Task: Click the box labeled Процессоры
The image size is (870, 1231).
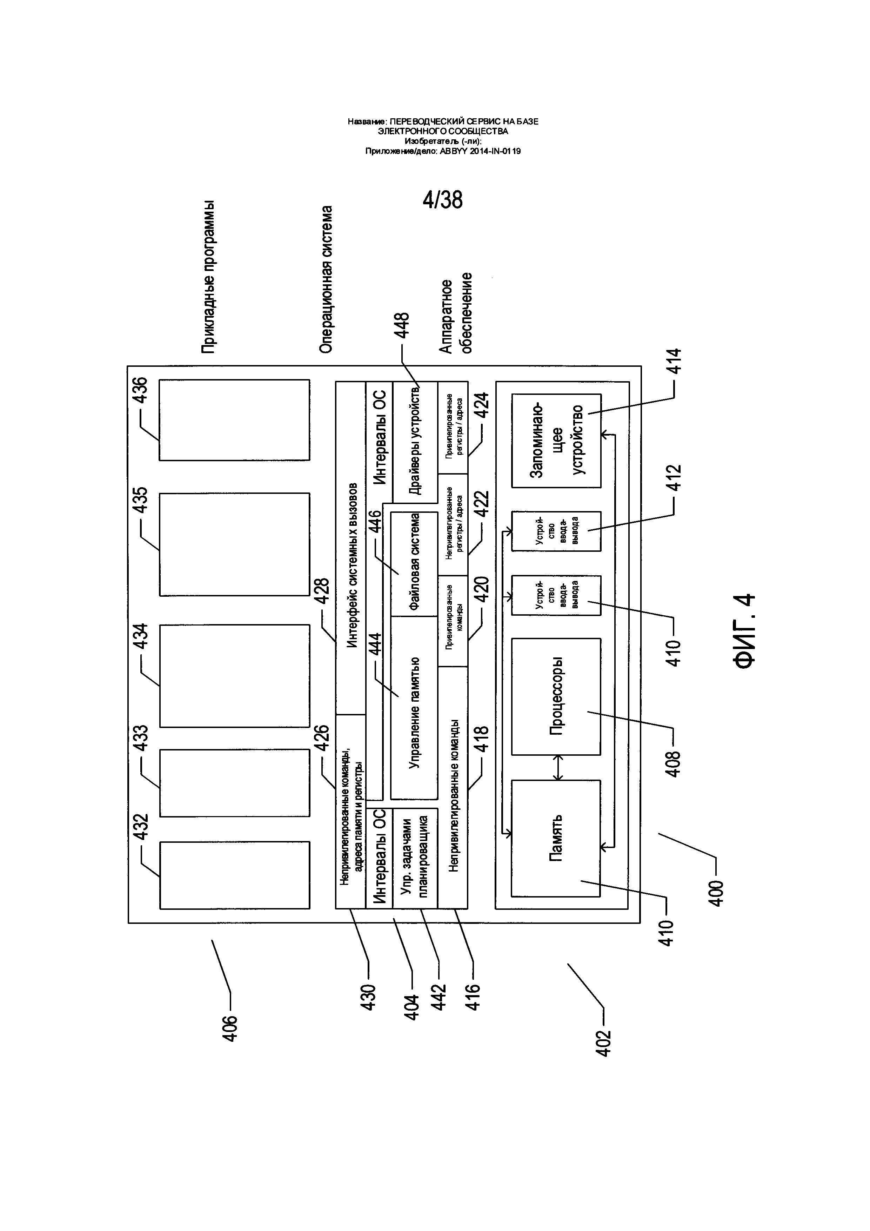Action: [556, 696]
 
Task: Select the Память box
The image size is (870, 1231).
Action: [556, 838]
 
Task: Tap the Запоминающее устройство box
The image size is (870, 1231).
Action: [556, 441]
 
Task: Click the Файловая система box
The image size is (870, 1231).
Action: [414, 564]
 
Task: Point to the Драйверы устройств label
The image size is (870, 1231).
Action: [416, 443]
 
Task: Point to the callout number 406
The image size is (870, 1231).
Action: [230, 1029]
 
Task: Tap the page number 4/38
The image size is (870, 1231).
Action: [442, 199]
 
